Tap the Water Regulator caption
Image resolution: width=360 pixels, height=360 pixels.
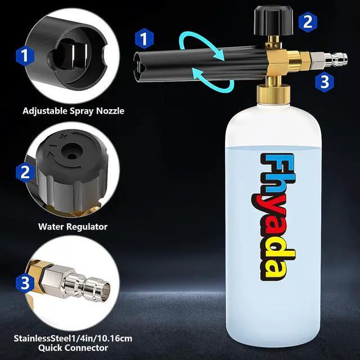coord(73,227)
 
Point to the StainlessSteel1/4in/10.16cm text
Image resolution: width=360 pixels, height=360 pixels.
coord(73,338)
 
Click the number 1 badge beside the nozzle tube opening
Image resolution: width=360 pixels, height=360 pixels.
coord(144,39)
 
